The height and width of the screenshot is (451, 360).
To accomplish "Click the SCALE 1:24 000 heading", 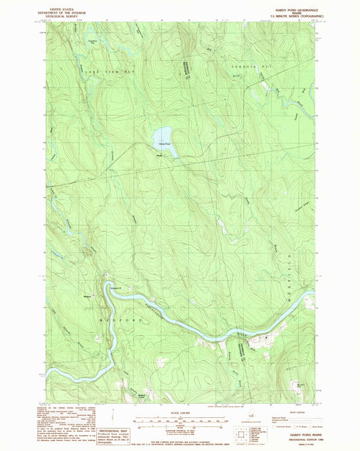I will click(180, 412).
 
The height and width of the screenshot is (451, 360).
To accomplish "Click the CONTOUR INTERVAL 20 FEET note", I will click(180, 428).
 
